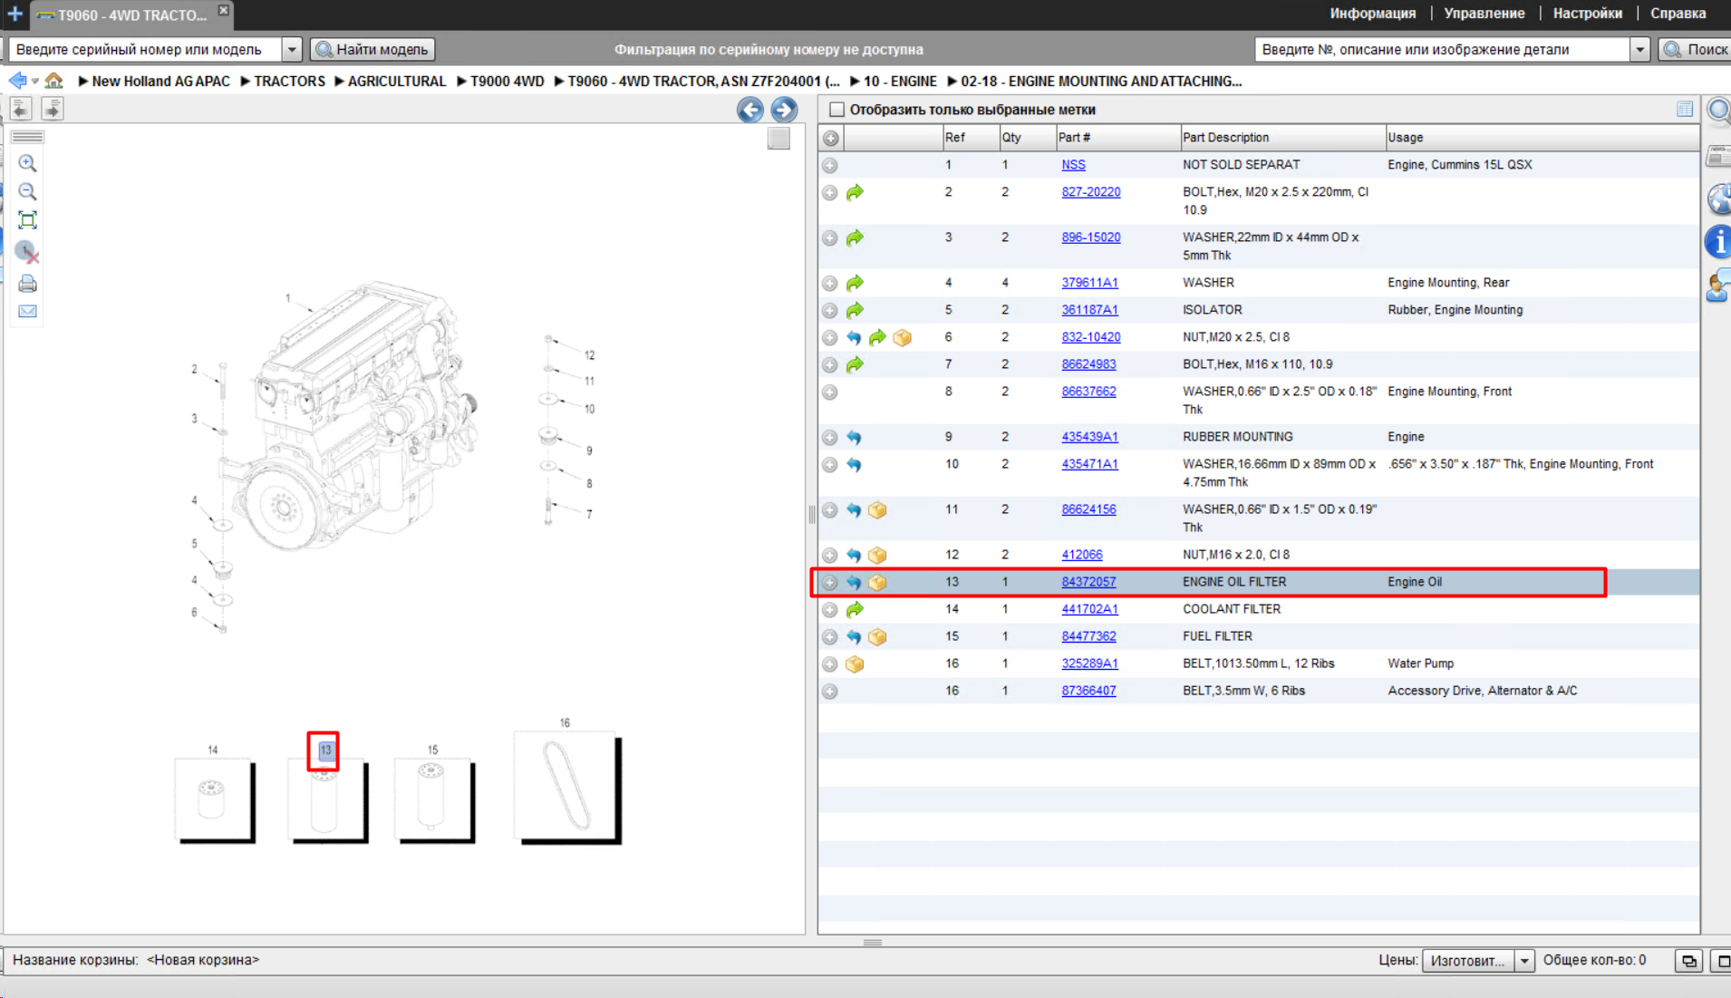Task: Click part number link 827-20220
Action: point(1090,192)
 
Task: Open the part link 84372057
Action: point(1088,582)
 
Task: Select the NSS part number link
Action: point(1073,165)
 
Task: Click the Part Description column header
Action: point(1225,138)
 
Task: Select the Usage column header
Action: point(1405,138)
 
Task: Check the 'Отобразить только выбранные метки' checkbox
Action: point(836,110)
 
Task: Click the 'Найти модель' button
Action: point(372,49)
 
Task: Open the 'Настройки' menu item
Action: point(1587,14)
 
